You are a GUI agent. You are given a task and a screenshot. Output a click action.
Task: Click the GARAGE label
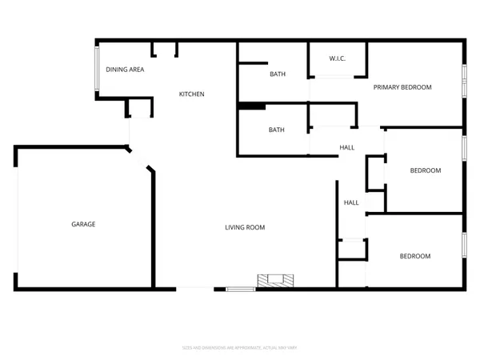pos(83,224)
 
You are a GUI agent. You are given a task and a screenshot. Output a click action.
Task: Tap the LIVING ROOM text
pos(244,227)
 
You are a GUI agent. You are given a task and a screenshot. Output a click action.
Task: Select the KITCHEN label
pos(191,94)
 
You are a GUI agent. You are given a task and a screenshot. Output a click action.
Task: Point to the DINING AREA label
pos(125,70)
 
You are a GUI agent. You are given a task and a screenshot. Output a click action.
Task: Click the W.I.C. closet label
pos(337,59)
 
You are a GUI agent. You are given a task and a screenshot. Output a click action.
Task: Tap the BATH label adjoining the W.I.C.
pos(277,74)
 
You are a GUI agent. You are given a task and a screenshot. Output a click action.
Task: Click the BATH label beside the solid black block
pos(277,130)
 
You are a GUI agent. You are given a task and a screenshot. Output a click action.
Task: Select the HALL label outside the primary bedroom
pos(347,147)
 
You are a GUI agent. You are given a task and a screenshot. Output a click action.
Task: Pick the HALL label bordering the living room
pos(351,202)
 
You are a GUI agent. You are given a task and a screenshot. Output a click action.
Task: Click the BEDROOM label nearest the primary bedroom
pos(425,170)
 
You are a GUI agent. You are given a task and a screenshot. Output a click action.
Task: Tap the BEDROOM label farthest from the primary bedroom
pos(415,256)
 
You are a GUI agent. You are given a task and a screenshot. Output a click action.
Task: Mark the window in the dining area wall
pos(97,70)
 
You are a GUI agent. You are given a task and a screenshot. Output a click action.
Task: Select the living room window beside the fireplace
pos(238,288)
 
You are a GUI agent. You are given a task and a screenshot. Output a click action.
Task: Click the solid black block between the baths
pos(251,105)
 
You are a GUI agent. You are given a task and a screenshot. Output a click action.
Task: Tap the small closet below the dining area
pos(139,108)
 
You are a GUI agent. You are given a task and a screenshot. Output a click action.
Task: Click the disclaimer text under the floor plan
pos(240,348)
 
